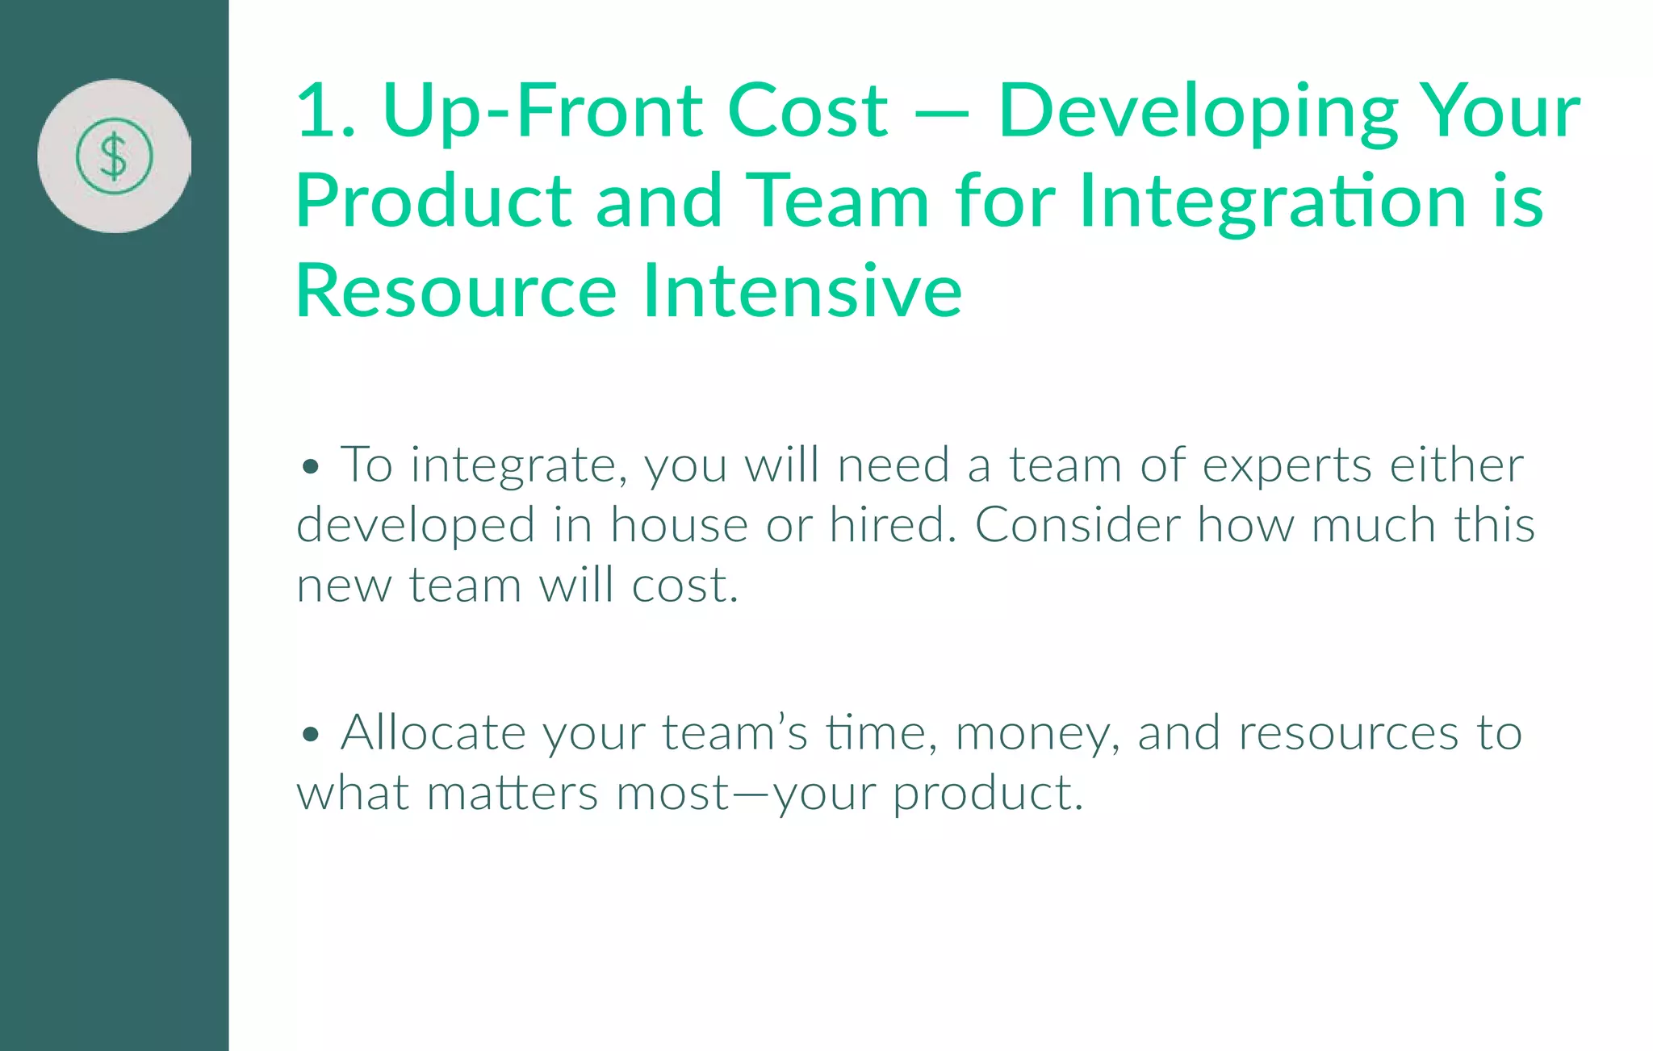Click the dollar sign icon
pyautogui.click(x=114, y=156)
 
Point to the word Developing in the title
pyautogui.click(x=1198, y=114)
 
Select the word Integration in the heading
pyautogui.click(x=1272, y=202)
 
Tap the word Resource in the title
pyautogui.click(x=456, y=291)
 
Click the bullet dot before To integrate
pyautogui.click(x=311, y=467)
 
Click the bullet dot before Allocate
pyautogui.click(x=311, y=735)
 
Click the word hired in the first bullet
pyautogui.click(x=887, y=525)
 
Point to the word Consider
pyautogui.click(x=1078, y=525)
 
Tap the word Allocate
pyautogui.click(x=433, y=733)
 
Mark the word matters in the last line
pyautogui.click(x=512, y=793)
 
